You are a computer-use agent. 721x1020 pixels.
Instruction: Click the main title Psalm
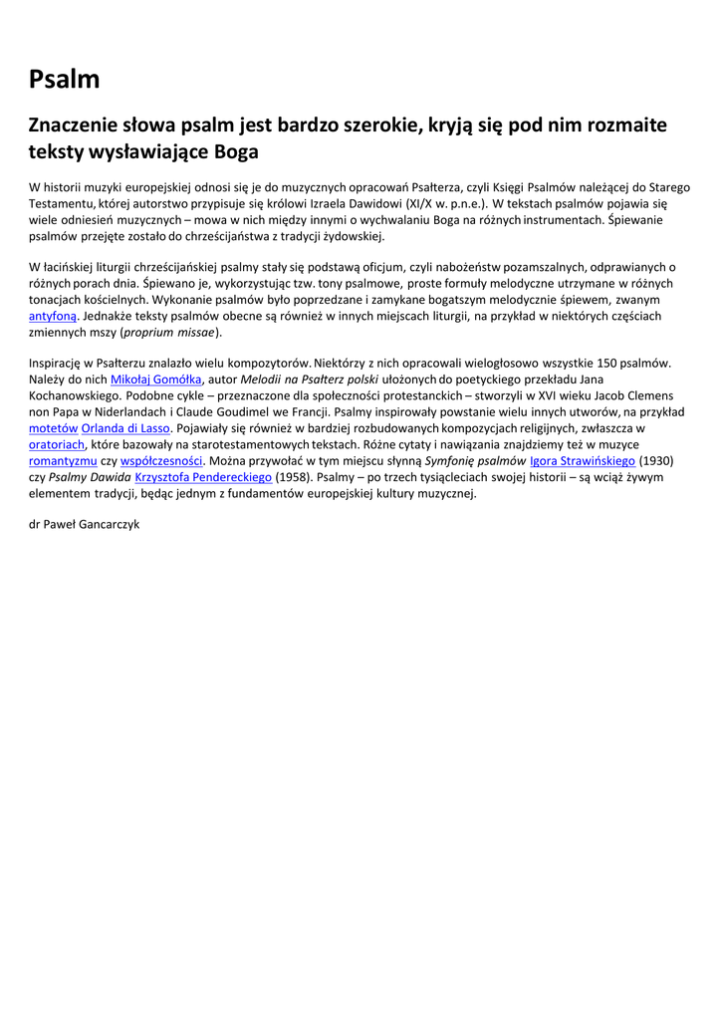(x=65, y=80)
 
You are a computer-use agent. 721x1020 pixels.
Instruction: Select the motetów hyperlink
(x=53, y=428)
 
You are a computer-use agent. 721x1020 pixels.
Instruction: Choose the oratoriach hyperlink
(x=57, y=444)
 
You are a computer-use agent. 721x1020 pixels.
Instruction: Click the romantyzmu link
(x=63, y=461)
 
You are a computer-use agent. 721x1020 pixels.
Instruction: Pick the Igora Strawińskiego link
(x=583, y=461)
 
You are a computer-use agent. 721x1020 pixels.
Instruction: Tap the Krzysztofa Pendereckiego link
(x=203, y=477)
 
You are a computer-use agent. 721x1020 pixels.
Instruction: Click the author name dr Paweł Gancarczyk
(x=85, y=524)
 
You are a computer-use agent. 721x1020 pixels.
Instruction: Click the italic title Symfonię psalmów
(x=476, y=461)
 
